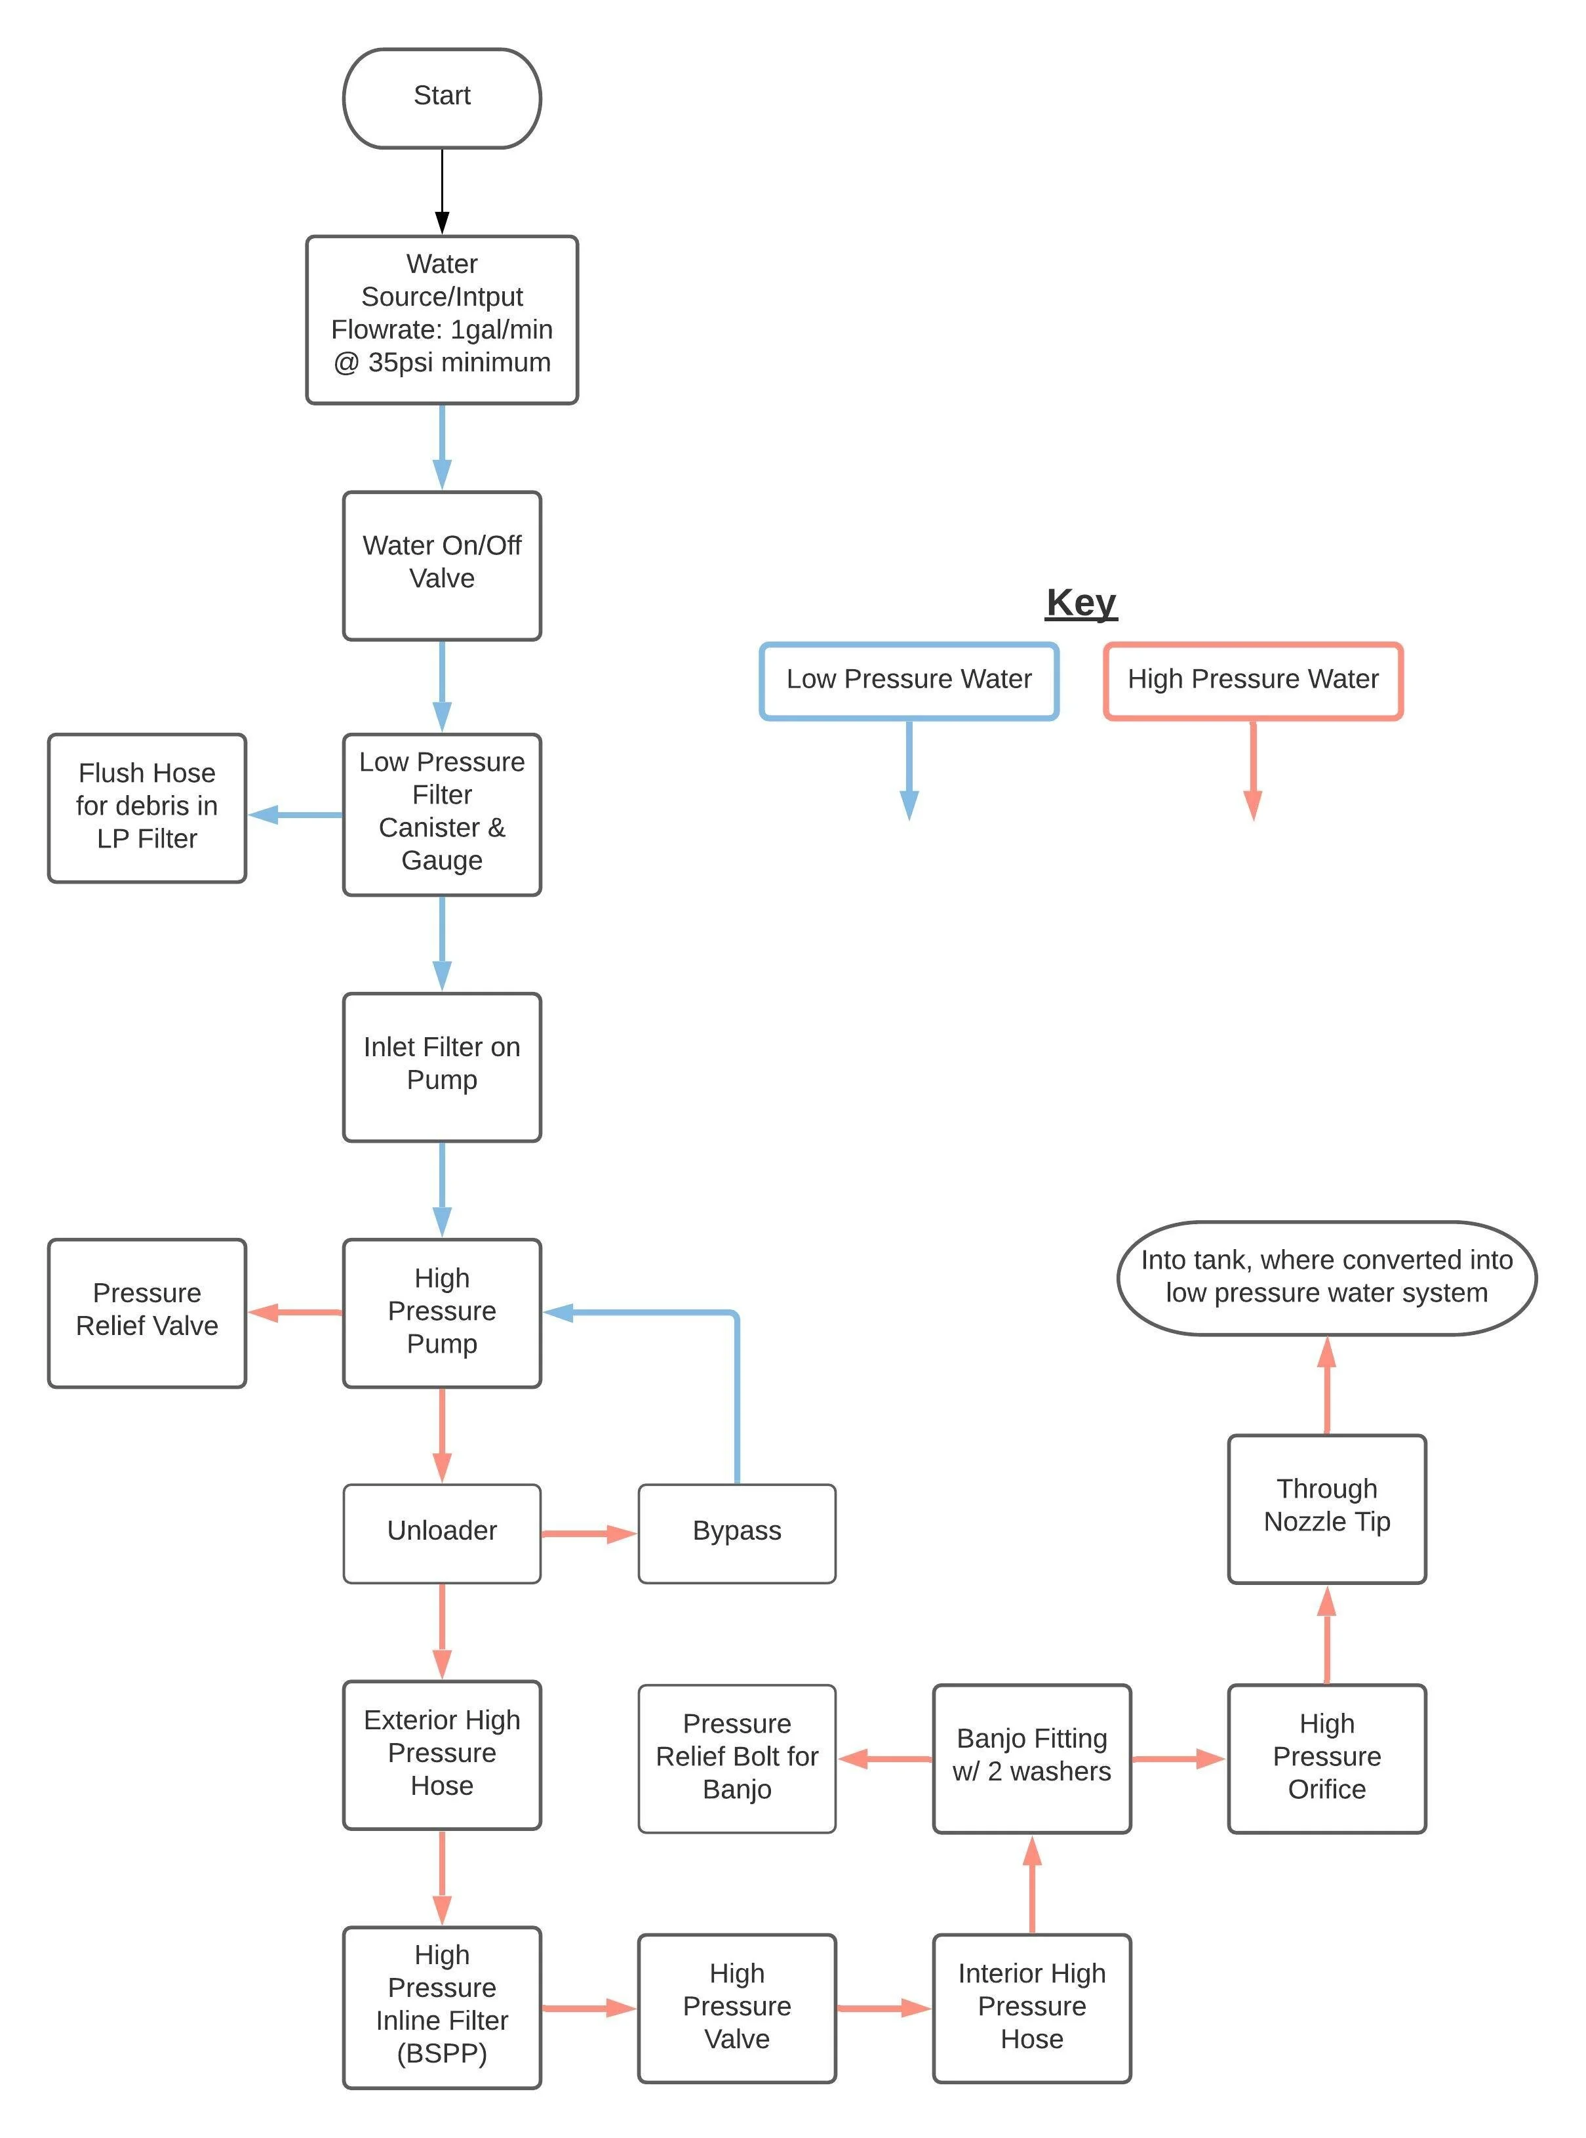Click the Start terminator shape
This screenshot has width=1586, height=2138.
click(442, 98)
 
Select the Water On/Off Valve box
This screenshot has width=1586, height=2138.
click(442, 565)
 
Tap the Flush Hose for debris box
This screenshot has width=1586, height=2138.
click(147, 808)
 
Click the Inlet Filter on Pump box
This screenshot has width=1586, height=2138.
click(442, 1066)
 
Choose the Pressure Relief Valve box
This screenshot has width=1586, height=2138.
click(147, 1312)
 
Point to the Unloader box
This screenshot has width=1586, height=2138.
click(442, 1533)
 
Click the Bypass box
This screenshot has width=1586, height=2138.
click(736, 1533)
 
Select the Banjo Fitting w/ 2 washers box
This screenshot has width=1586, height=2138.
click(1031, 1758)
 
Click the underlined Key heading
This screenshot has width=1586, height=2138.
click(1081, 603)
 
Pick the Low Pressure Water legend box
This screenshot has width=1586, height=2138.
click(908, 680)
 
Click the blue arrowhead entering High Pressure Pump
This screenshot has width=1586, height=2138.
click(559, 1312)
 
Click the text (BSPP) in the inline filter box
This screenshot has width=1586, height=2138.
click(442, 2053)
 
